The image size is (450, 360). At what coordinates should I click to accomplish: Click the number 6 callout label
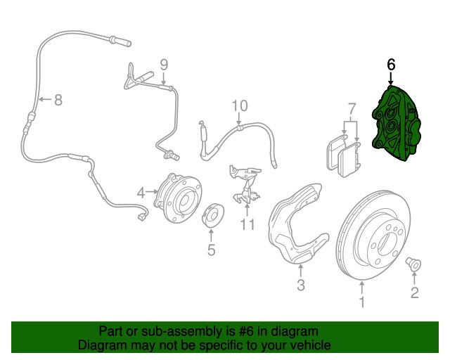point(391,65)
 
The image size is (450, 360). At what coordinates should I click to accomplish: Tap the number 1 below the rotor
point(362,303)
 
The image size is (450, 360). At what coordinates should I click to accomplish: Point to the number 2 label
point(414,292)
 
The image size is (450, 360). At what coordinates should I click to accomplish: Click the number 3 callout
point(300,285)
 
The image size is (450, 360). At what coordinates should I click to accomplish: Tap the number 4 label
point(141,192)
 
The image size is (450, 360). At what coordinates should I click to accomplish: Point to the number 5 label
point(211,249)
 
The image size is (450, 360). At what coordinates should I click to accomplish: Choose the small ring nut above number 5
point(211,216)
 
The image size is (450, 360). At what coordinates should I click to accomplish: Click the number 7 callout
point(349,108)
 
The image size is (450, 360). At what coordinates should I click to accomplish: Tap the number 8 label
point(58,101)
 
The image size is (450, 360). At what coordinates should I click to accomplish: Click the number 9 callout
point(163,65)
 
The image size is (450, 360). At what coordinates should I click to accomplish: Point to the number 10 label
point(240,105)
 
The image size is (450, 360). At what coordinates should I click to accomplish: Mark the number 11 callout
point(247,225)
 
